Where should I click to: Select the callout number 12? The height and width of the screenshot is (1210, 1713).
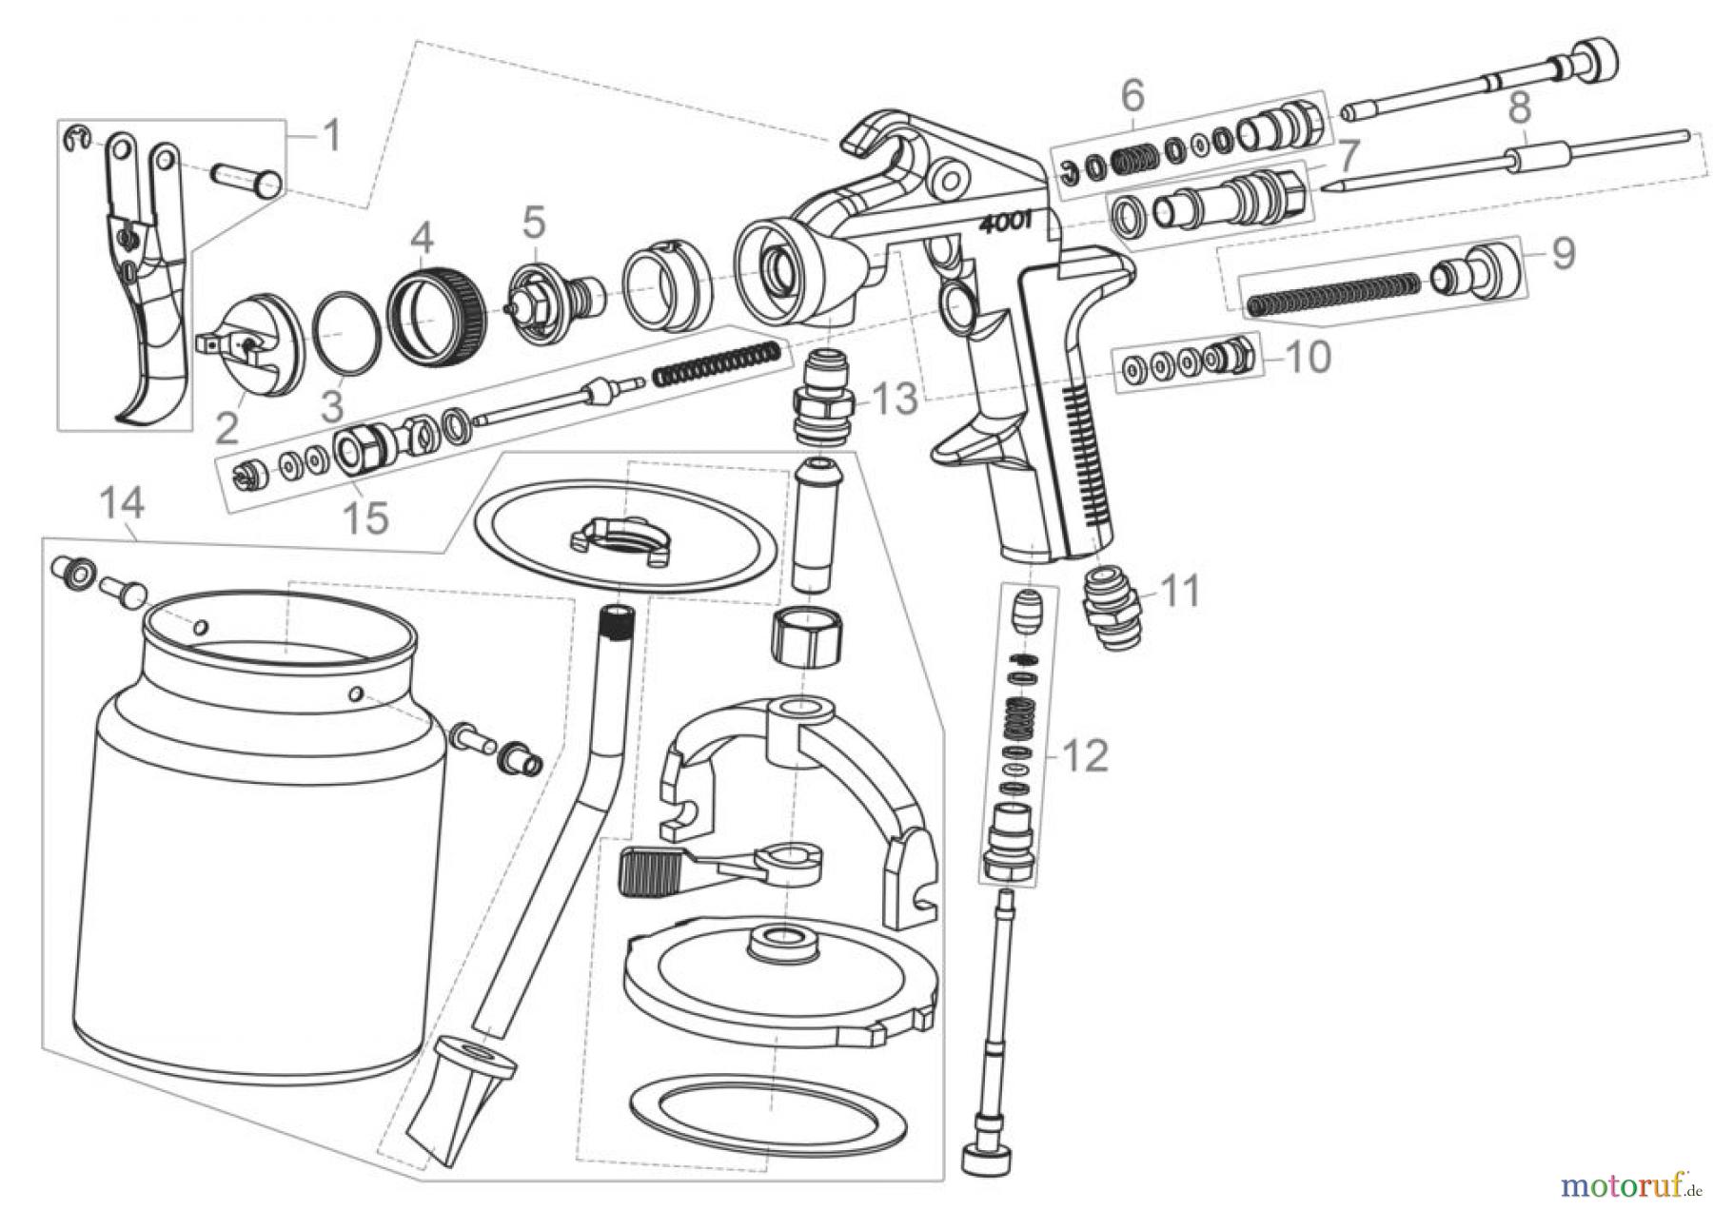click(x=1087, y=756)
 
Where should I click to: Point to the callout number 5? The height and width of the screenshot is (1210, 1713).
click(x=534, y=224)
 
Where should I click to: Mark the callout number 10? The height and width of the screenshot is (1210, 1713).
click(x=1309, y=358)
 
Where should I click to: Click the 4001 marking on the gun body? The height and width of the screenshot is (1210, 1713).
click(x=1012, y=227)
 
